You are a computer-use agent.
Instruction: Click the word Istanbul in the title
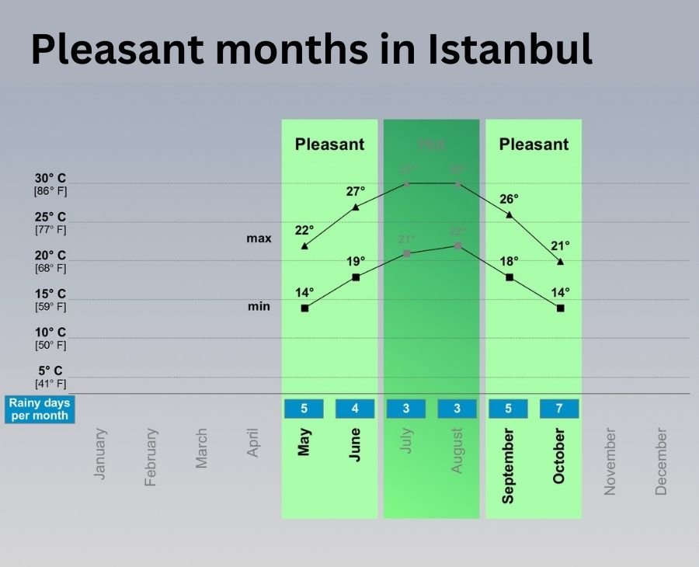(x=509, y=49)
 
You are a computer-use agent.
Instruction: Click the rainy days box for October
(x=559, y=409)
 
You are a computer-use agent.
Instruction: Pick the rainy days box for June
(x=355, y=409)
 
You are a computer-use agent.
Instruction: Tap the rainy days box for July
(x=406, y=409)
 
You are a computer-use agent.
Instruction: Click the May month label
(x=304, y=443)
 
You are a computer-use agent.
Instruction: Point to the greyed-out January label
(x=100, y=454)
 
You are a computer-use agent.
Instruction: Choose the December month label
(x=661, y=461)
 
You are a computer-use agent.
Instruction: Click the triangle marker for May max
(x=304, y=246)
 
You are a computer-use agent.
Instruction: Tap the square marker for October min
(x=560, y=308)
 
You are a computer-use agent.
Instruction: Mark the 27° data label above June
(x=356, y=191)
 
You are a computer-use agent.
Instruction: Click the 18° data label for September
(x=509, y=261)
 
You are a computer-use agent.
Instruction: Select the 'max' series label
(x=259, y=238)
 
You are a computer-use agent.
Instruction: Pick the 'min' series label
(x=259, y=306)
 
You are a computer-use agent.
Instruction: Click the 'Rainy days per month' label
(x=39, y=409)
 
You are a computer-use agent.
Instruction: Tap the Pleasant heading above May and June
(x=329, y=144)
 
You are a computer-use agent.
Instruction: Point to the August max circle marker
(x=457, y=184)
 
